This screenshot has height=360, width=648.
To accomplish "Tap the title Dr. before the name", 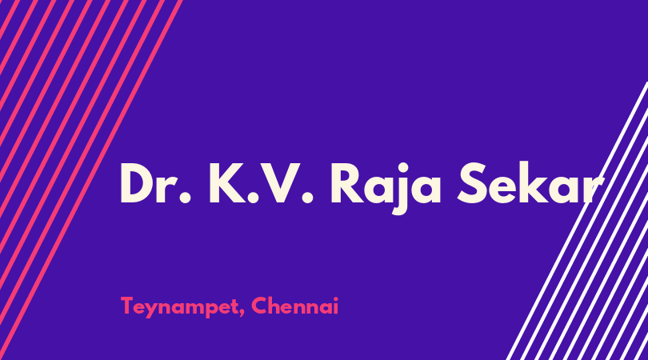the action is pos(156,183).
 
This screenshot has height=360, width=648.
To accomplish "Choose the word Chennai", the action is pos(294,306).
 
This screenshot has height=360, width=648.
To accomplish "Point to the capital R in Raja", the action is pos(347,183).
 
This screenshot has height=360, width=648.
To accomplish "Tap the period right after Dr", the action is pos(186,198).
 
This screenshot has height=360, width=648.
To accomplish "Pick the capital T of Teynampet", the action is pos(127,306).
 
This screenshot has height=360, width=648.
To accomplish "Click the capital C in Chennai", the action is pos(259,306).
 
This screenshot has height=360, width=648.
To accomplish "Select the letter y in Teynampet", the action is pos(153,310).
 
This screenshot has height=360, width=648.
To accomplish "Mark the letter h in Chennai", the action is pos(275,306).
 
